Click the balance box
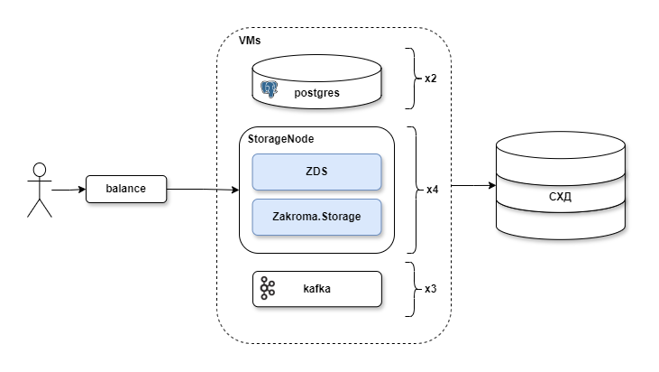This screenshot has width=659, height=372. click(x=126, y=190)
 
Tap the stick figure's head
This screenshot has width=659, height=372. click(x=39, y=170)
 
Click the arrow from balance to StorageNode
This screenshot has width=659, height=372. click(x=203, y=190)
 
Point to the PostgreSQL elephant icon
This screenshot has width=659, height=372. click(x=269, y=88)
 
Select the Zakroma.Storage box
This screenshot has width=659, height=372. click(x=316, y=217)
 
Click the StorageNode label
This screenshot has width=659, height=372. click(x=280, y=140)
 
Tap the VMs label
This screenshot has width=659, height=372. click(x=251, y=42)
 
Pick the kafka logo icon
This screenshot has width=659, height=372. click(x=268, y=288)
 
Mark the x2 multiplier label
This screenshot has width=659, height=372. click(x=431, y=79)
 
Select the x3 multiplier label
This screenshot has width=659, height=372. click(x=431, y=289)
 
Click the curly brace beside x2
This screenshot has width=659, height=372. click(x=410, y=79)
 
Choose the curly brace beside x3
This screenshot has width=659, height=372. click(x=410, y=289)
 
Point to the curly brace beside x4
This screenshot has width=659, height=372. click(x=412, y=190)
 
